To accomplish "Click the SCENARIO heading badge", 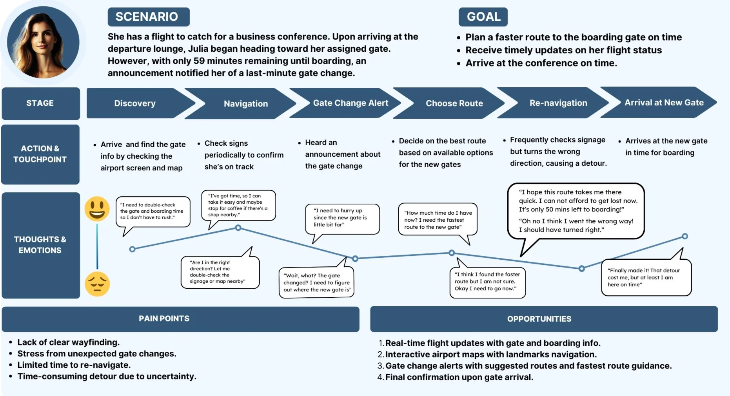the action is pyautogui.click(x=149, y=17).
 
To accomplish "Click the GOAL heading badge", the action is pyautogui.click(x=483, y=17).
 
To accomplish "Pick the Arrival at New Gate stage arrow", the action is pyautogui.click(x=659, y=103).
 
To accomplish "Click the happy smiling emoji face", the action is pyautogui.click(x=97, y=209).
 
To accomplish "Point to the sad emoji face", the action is pyautogui.click(x=97, y=284).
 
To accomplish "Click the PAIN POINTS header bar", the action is pyautogui.click(x=180, y=319).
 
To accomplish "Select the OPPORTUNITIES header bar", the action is pyautogui.click(x=544, y=319).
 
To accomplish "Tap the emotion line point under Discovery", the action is pyautogui.click(x=132, y=249).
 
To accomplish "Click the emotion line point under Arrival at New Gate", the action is pyautogui.click(x=685, y=236).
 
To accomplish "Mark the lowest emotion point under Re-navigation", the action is pyautogui.click(x=582, y=268).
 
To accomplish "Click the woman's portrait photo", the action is pyautogui.click(x=43, y=42).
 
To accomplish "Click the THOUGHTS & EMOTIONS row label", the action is pyautogui.click(x=40, y=245).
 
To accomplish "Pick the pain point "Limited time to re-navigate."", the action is pyautogui.click(x=74, y=365).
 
